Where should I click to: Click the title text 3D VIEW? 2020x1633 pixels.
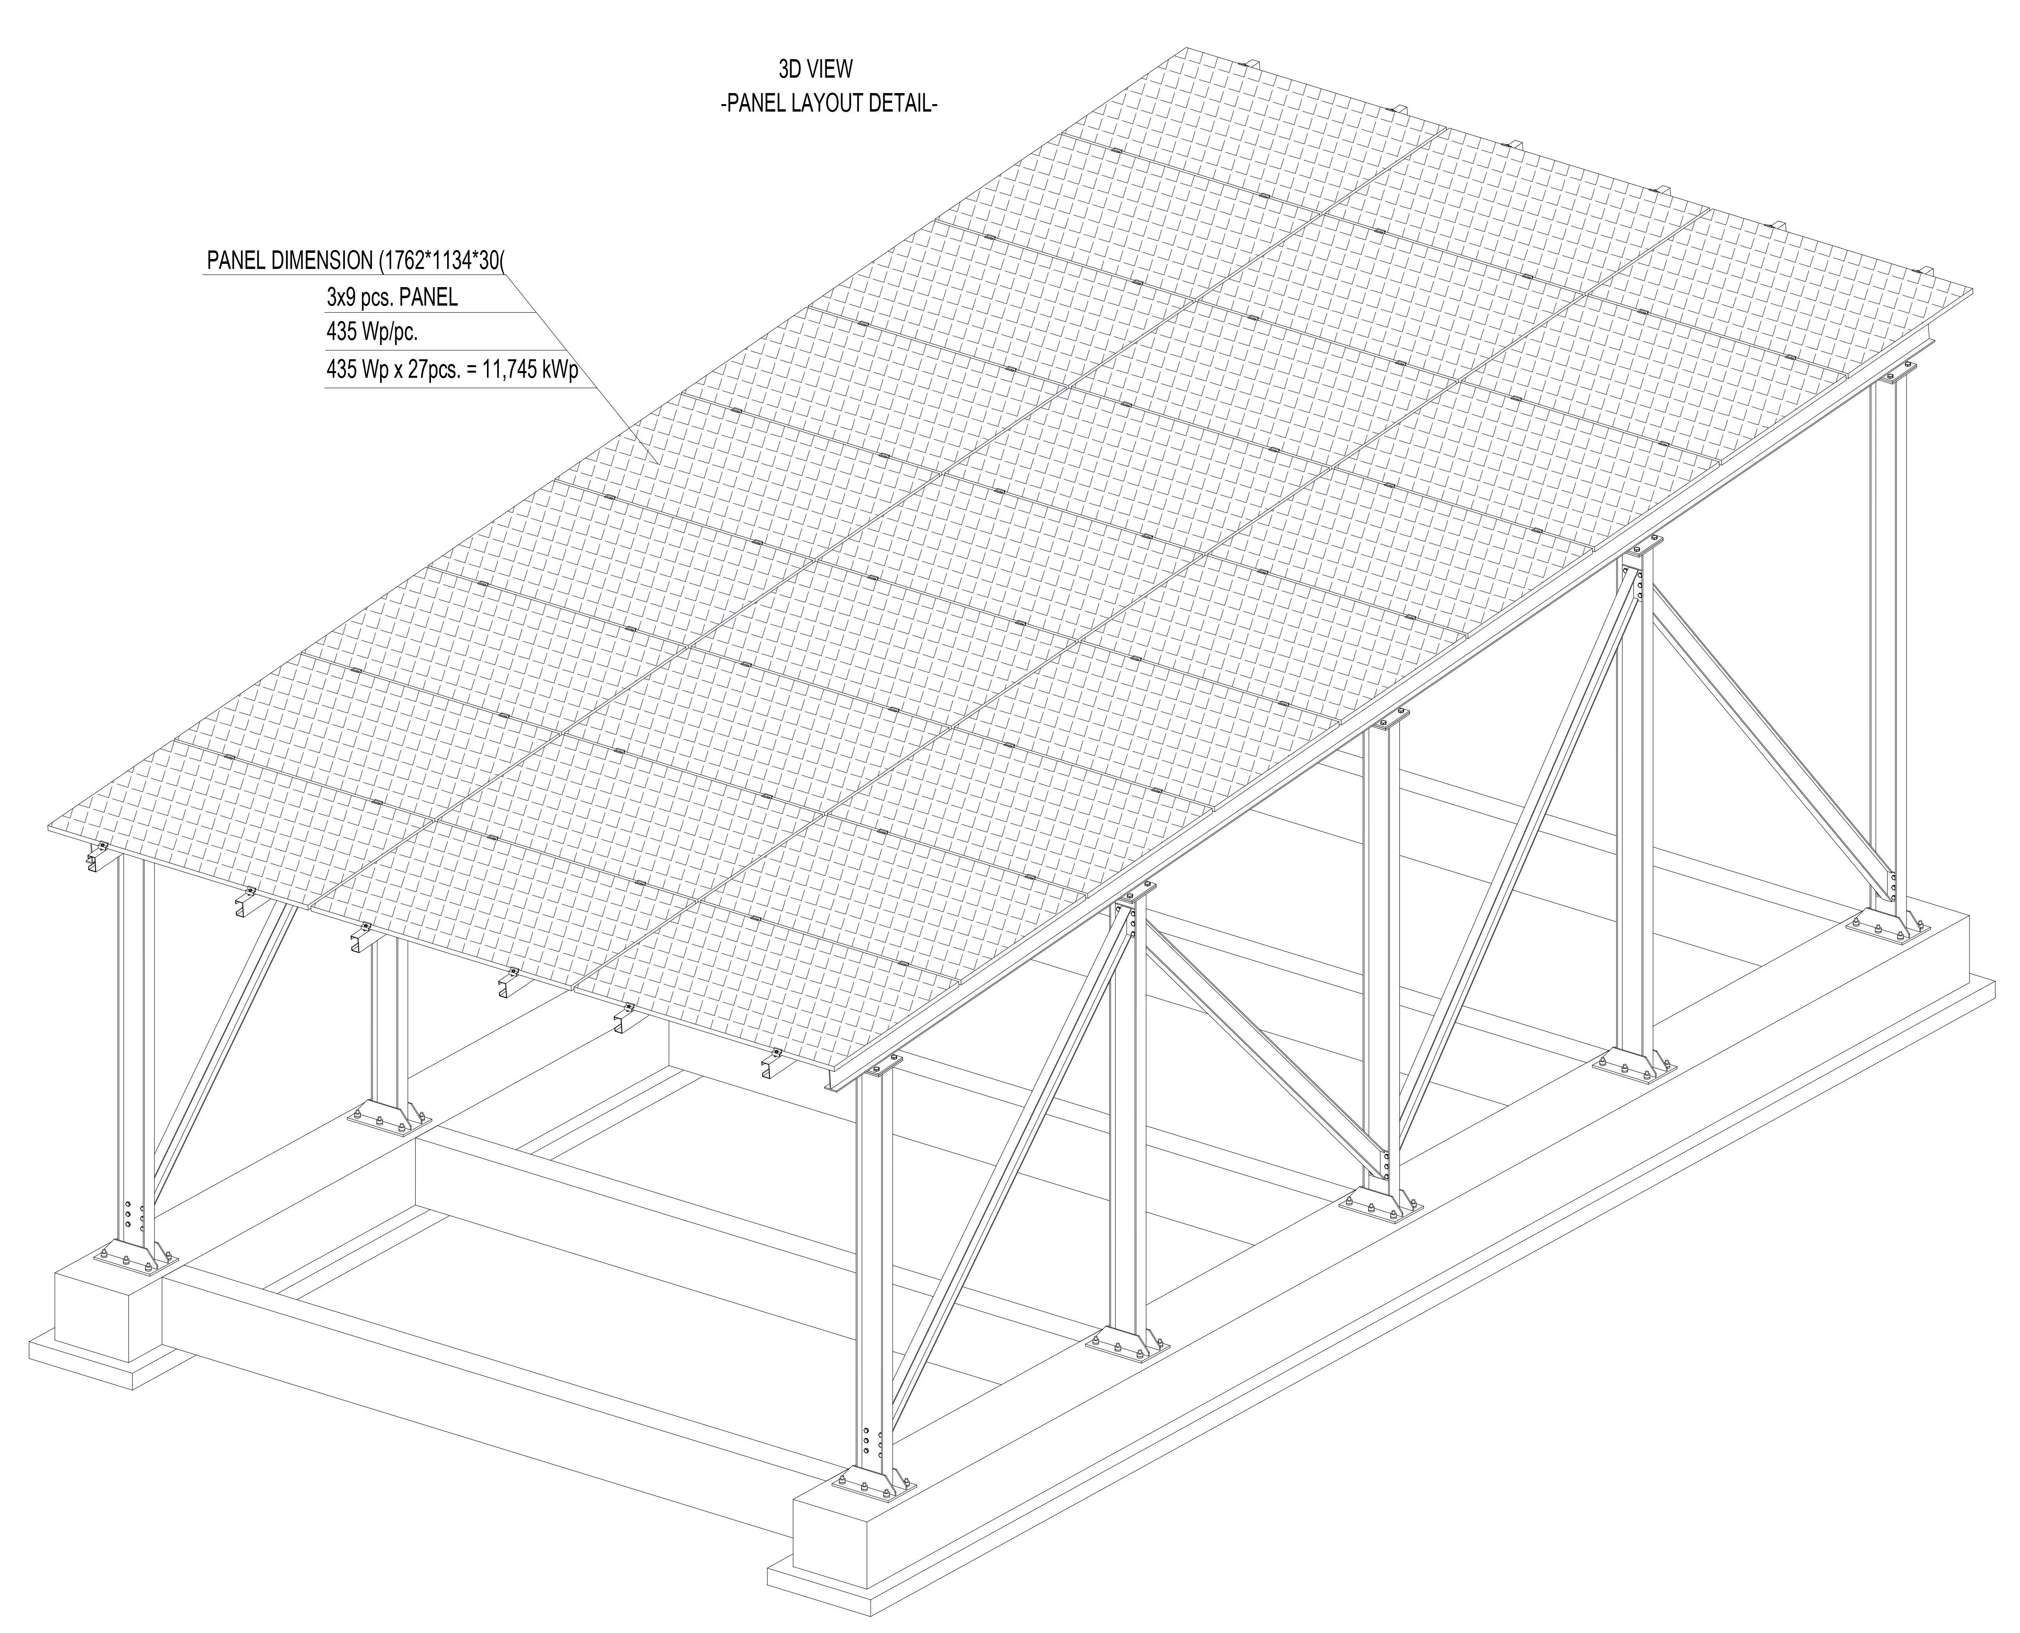click(814, 69)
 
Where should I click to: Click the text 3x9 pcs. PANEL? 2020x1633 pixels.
click(391, 298)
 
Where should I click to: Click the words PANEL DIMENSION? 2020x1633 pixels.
click(290, 261)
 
